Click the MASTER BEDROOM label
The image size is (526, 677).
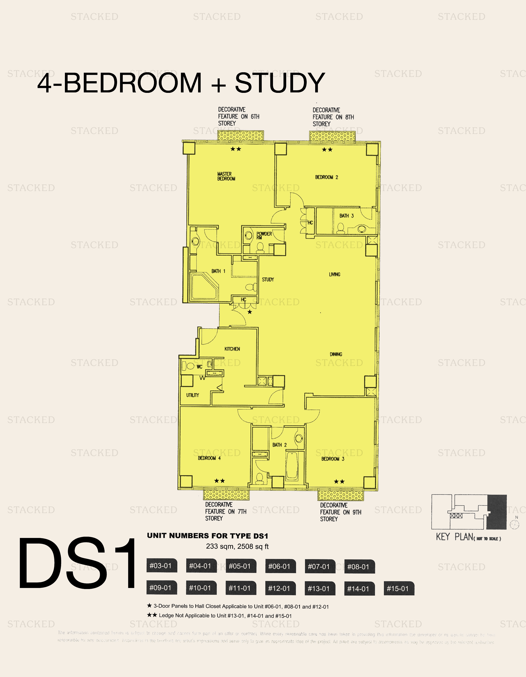tap(226, 176)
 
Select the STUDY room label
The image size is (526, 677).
tap(268, 280)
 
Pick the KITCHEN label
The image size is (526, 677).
tap(232, 349)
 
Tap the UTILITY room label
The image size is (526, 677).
tap(192, 395)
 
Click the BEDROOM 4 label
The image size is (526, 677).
tap(209, 458)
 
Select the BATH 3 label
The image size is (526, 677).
tap(346, 216)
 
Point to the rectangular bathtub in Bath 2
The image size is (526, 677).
tap(292, 466)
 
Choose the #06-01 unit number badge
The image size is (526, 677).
tap(279, 566)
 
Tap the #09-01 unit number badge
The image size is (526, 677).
tap(160, 588)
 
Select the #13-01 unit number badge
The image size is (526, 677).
tap(319, 588)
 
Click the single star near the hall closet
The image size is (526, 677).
tap(250, 312)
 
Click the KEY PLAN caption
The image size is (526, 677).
tap(468, 537)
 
